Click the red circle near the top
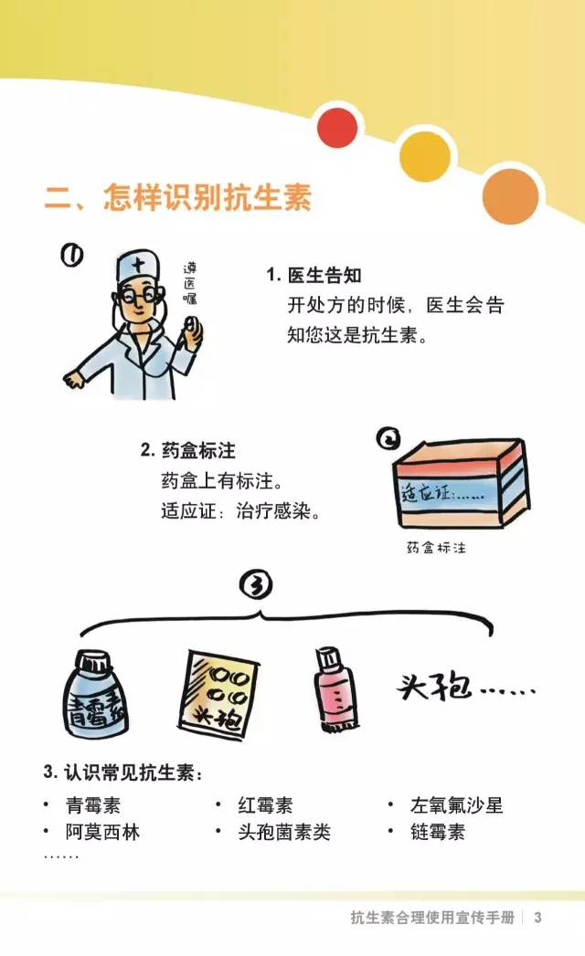click(x=337, y=128)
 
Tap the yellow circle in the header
click(x=425, y=157)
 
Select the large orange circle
click(x=510, y=196)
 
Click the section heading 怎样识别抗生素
click(x=207, y=197)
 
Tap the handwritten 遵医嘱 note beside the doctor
click(x=190, y=283)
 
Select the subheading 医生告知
click(x=324, y=276)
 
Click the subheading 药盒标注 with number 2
click(x=188, y=450)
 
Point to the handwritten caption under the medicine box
click(x=436, y=548)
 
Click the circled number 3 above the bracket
click(x=256, y=584)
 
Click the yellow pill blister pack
click(x=218, y=695)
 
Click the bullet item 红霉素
click(x=265, y=805)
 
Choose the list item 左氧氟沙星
click(x=456, y=805)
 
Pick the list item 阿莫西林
click(x=102, y=832)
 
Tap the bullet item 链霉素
click(x=437, y=832)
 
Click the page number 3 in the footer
click(x=537, y=917)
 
